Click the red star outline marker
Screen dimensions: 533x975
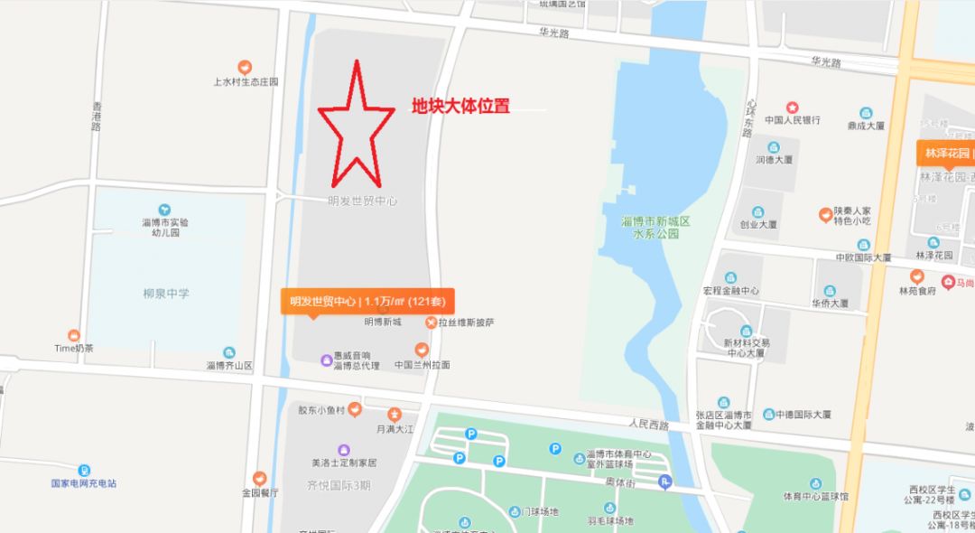pyautogui.click(x=356, y=126)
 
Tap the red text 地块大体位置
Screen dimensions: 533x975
pyautogui.click(x=460, y=107)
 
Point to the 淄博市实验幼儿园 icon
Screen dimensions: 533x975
pyautogui.click(x=164, y=210)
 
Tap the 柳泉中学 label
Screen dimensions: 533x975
pyautogui.click(x=166, y=294)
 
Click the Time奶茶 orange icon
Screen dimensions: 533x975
pyautogui.click(x=74, y=335)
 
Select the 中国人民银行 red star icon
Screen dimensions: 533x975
pyautogui.click(x=793, y=107)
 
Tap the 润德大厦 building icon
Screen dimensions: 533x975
pyautogui.click(x=774, y=147)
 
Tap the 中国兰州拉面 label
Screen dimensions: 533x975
pyautogui.click(x=422, y=365)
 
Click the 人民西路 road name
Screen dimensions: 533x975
pyautogui.click(x=649, y=424)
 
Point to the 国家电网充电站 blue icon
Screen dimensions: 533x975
pyautogui.click(x=83, y=470)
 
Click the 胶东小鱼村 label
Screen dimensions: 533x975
pyautogui.click(x=323, y=410)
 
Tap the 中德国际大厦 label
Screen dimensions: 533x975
pyautogui.click(x=803, y=415)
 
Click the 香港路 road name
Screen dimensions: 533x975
pyautogui.click(x=97, y=117)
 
